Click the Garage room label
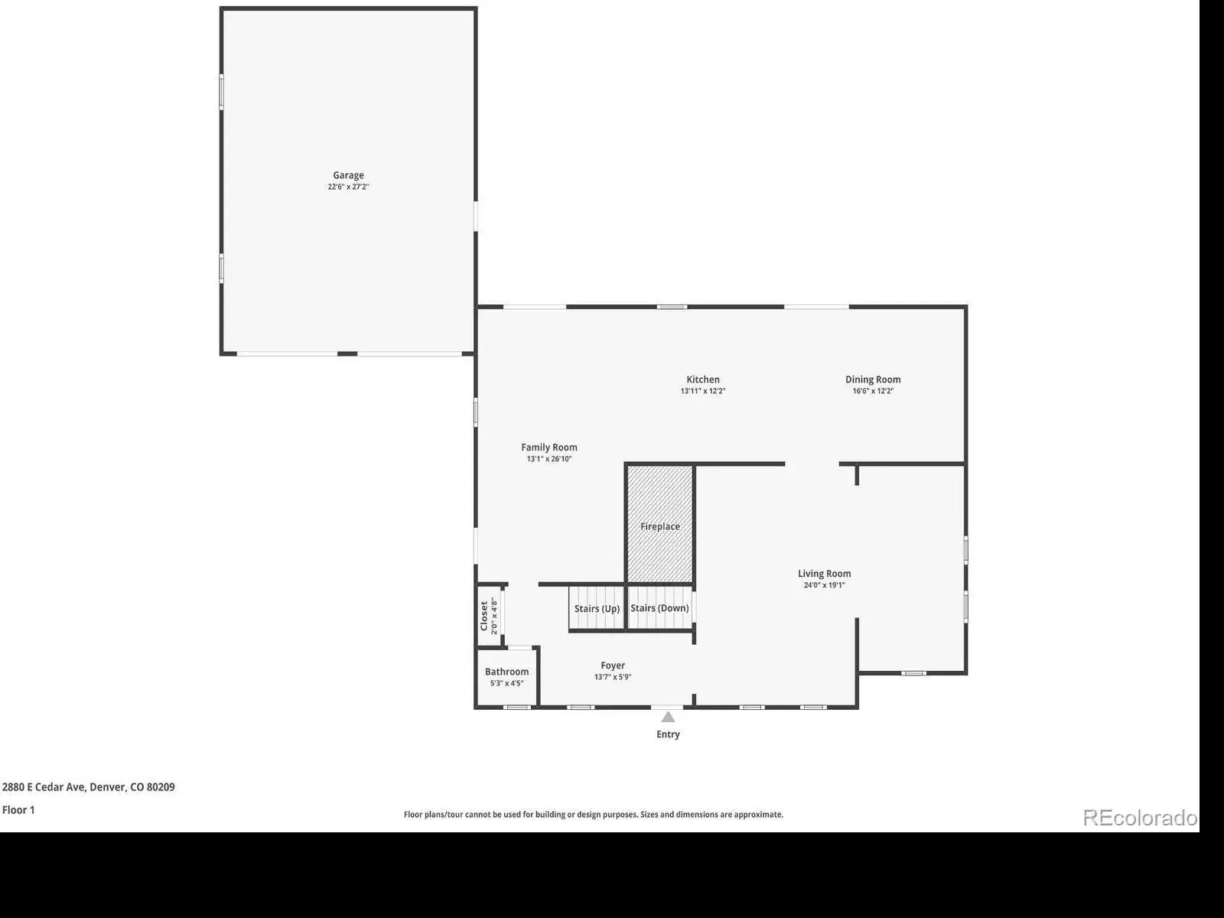[348, 175]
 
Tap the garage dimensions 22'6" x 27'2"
[348, 187]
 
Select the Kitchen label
[702, 379]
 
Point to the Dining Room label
[873, 379]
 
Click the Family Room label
[549, 447]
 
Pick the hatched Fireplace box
[659, 524]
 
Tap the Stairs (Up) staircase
[597, 607]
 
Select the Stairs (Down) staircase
[659, 607]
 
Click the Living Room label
[824, 574]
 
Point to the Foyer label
[612, 666]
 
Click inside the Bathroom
[506, 677]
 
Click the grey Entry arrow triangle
[668, 718]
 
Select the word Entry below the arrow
[668, 734]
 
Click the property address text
[88, 787]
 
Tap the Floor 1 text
[18, 810]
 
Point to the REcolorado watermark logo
[1139, 818]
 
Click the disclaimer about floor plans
[594, 814]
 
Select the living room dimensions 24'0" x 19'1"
[824, 585]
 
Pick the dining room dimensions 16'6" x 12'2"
[873, 391]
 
